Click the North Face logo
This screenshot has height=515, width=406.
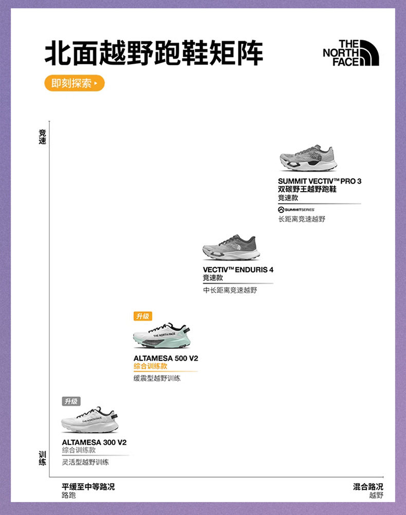pos(350,53)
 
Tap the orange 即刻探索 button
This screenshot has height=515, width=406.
pos(74,83)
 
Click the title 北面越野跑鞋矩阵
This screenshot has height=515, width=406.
pos(154,54)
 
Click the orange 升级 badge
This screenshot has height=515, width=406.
pos(142,316)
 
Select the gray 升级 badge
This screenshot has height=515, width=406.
pos(71,401)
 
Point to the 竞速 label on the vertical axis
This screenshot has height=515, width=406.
pos(42,137)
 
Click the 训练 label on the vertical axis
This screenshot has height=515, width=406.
pos(42,458)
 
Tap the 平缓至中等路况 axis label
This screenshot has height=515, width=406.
pos(88,487)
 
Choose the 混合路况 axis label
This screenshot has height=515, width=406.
pos(368,487)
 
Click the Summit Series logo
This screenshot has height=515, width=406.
pos(297,210)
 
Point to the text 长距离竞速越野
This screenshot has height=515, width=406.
pos(302,219)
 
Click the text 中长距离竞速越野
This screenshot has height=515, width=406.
pos(230,290)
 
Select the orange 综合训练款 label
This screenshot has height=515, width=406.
pos(150,366)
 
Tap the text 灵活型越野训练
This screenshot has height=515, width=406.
pos(85,462)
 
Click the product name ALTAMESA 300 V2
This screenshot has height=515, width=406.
pos(94,442)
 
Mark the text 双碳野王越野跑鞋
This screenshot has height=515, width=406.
pos(307,189)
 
